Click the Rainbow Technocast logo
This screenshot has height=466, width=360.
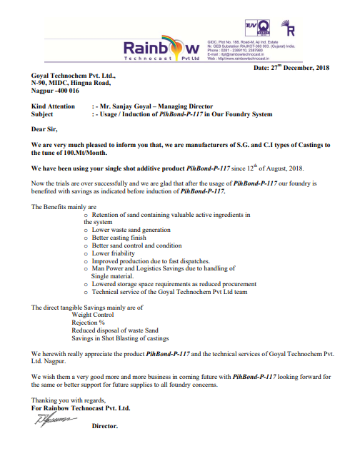[162, 49]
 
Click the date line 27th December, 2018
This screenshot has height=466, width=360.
[291, 68]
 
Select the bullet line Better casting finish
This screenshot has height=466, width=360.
[120, 238]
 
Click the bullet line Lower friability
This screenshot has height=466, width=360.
[115, 253]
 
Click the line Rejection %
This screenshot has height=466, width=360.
[88, 323]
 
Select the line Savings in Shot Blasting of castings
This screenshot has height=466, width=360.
[120, 338]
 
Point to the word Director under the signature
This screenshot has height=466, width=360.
[104, 426]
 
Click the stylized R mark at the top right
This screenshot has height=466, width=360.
[291, 29]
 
